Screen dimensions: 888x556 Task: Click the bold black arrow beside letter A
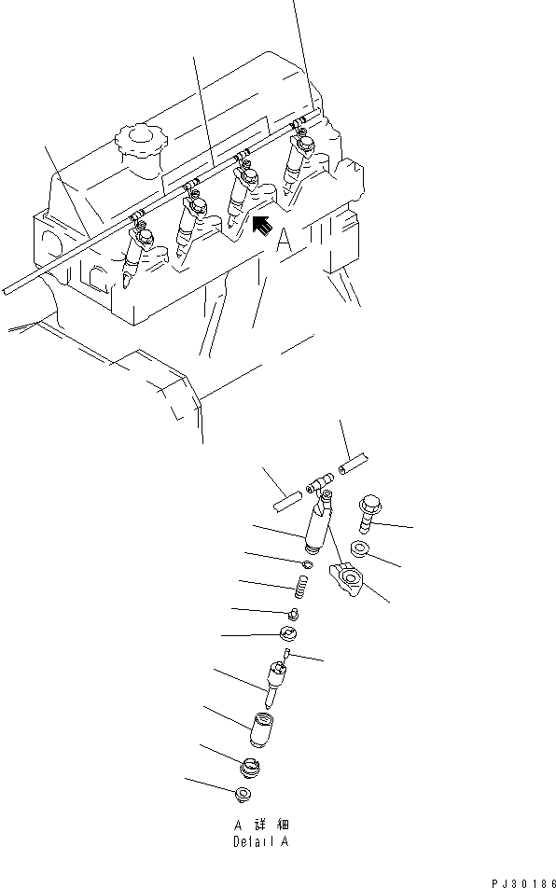point(261,225)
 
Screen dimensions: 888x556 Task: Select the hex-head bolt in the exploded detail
point(367,511)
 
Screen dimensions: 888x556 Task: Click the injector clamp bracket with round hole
point(349,581)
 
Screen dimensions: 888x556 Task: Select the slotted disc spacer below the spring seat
point(289,634)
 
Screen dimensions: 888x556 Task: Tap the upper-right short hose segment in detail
point(354,463)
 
